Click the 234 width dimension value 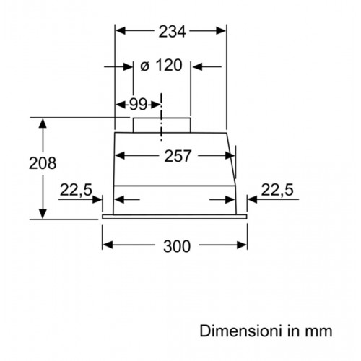point(172,31)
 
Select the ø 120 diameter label point(161,65)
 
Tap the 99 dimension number point(138,105)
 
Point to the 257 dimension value point(178,156)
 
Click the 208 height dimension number point(43,163)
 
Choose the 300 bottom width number point(177,246)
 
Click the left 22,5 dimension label point(76,190)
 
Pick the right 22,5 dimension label point(277,190)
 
